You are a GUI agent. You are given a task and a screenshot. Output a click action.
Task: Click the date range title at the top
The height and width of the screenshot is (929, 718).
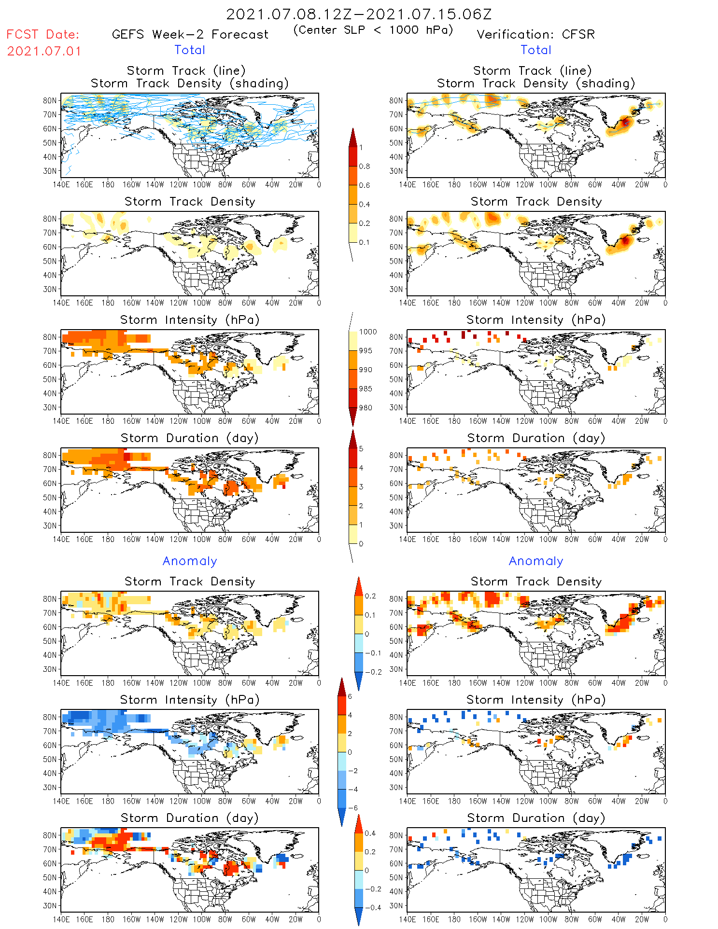click(359, 14)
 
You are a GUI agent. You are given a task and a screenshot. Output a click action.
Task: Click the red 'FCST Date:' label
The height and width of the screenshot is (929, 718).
click(43, 35)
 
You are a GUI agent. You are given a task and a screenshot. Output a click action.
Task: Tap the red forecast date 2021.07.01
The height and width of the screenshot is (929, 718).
click(44, 51)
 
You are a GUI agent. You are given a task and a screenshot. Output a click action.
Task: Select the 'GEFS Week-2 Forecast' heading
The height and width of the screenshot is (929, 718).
click(190, 35)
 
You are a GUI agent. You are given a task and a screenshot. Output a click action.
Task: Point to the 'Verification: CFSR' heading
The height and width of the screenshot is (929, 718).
click(535, 35)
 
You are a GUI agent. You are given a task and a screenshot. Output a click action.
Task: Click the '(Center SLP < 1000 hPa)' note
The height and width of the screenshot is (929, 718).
click(373, 30)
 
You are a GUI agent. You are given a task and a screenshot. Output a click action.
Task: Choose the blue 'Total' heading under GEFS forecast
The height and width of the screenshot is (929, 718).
click(190, 50)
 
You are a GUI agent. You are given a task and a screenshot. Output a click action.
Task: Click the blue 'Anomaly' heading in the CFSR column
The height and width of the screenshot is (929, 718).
click(536, 561)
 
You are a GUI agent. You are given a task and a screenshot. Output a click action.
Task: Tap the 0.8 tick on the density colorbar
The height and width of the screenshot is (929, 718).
click(365, 166)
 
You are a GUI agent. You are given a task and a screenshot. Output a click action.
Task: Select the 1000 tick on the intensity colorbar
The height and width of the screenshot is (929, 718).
click(368, 332)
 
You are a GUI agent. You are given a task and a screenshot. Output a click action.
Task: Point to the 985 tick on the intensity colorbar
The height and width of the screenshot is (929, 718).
click(366, 389)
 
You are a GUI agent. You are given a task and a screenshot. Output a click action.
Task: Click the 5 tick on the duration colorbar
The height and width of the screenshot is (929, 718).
click(361, 449)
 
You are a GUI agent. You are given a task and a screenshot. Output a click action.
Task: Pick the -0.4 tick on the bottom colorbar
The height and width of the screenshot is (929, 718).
click(370, 907)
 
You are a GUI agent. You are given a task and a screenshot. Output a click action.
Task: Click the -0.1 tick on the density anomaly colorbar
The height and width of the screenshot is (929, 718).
click(372, 653)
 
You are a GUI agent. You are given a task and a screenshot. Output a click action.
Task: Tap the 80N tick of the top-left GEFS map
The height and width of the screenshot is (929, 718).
click(50, 100)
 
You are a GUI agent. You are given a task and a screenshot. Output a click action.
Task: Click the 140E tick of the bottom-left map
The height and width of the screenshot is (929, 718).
click(61, 919)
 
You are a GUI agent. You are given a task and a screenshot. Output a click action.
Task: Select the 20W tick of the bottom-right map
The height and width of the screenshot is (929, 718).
click(642, 919)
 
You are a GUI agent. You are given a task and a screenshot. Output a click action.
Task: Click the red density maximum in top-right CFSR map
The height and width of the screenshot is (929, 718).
click(625, 122)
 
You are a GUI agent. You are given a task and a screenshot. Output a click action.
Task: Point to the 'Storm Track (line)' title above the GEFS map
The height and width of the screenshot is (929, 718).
click(186, 71)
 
